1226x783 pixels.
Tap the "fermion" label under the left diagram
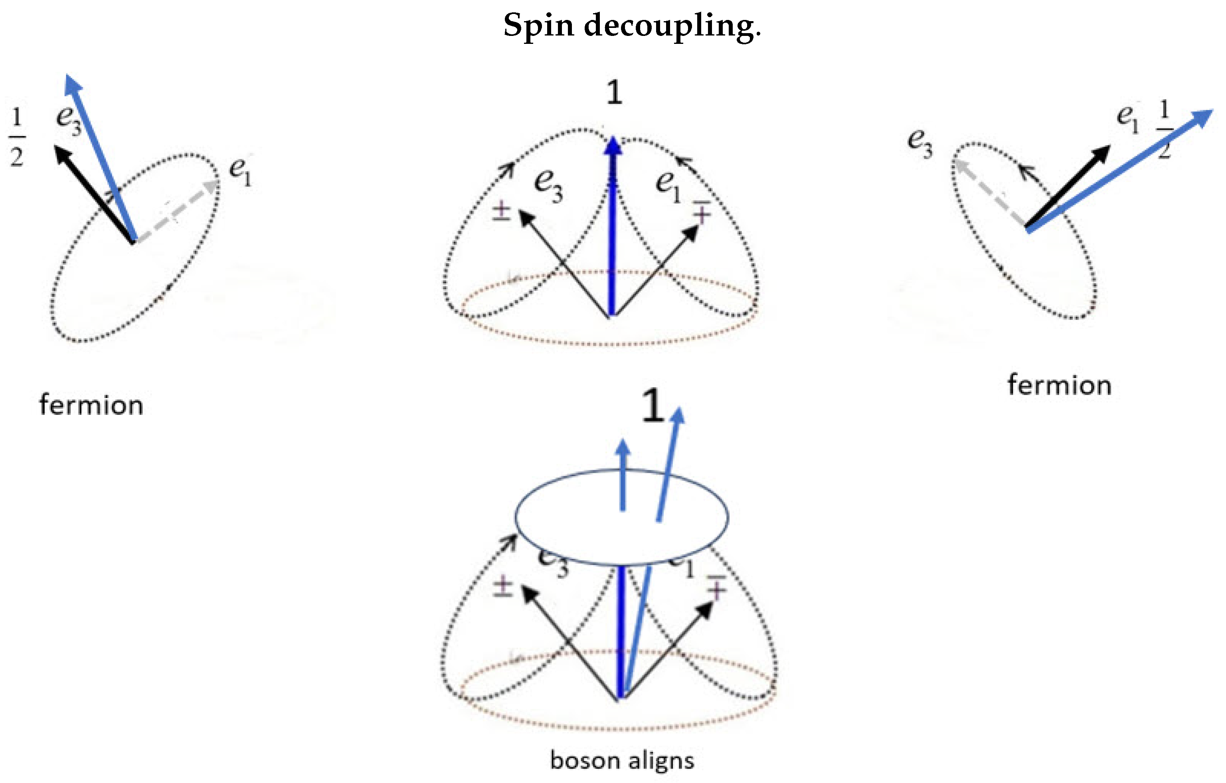coord(91,406)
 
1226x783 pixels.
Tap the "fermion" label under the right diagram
coord(1060,385)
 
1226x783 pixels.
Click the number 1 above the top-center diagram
coord(615,93)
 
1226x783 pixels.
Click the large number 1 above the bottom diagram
coord(653,406)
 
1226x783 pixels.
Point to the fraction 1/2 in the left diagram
coord(17,137)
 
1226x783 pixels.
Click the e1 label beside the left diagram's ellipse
coord(240,172)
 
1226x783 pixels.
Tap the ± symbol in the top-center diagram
coord(501,211)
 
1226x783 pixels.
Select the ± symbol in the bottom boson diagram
coord(503,586)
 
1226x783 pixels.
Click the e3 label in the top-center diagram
coord(549,186)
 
